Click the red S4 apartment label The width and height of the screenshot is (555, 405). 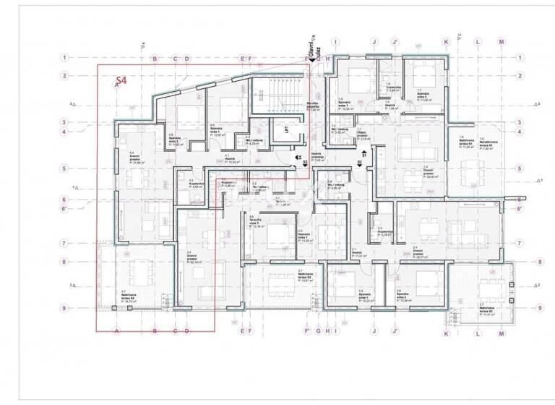pyautogui.click(x=121, y=82)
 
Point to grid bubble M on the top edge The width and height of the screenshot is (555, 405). pyautogui.click(x=502, y=42)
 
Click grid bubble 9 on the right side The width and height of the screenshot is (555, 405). pyautogui.click(x=540, y=307)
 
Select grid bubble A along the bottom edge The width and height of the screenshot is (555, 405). pyautogui.click(x=116, y=331)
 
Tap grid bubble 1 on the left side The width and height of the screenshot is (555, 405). pyautogui.click(x=64, y=57)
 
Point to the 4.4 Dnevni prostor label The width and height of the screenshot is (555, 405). pyautogui.click(x=134, y=158)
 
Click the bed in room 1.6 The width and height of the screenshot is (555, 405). pyautogui.click(x=356, y=77)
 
